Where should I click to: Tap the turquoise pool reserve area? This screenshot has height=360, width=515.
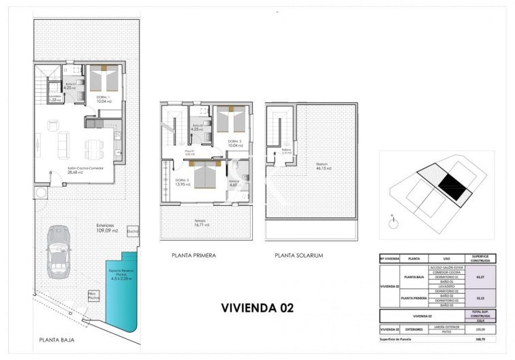(121, 293)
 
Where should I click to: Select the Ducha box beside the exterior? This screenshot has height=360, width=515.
(133, 230)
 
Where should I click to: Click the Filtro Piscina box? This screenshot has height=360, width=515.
(93, 297)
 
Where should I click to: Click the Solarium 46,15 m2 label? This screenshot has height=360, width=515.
(323, 166)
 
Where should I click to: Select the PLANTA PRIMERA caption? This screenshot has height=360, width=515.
(194, 256)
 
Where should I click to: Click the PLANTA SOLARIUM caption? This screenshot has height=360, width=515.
(298, 256)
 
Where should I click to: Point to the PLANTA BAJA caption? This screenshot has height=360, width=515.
(57, 340)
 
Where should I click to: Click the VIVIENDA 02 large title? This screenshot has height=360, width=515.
(257, 307)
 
